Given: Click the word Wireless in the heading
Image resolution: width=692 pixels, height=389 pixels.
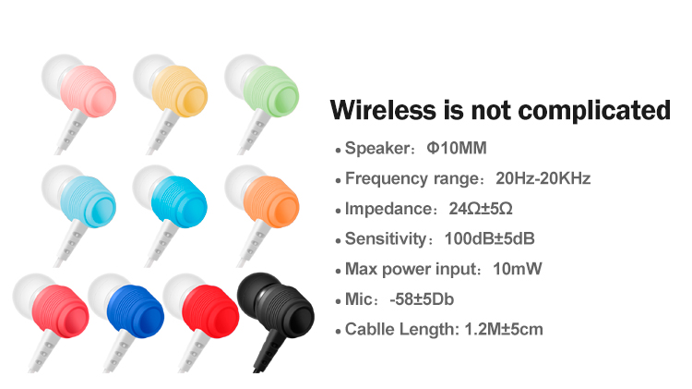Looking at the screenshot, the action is [383, 110].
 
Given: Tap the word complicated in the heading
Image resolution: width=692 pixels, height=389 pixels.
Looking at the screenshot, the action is [594, 111].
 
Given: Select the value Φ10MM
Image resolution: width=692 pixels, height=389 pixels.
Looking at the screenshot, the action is [457, 148].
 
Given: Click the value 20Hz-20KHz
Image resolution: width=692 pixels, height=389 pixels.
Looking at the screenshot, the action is [543, 178].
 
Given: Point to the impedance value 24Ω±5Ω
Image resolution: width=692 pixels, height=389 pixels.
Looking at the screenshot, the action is [481, 209].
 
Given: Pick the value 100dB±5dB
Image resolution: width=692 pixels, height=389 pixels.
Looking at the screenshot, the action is [489, 238].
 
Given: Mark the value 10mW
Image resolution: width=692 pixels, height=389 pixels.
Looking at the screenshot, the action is [518, 269].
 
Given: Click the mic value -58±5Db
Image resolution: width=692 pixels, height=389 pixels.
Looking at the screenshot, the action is [422, 299].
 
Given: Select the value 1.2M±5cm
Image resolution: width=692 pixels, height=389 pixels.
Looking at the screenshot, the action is [504, 329].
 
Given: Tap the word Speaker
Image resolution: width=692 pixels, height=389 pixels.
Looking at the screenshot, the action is [377, 149].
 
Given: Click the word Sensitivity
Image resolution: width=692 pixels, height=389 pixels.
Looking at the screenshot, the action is [386, 239].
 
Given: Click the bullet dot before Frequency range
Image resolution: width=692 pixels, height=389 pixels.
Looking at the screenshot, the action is [338, 181].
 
